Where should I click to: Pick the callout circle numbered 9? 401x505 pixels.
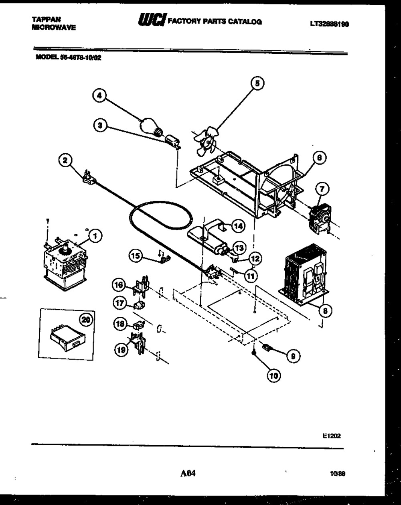pyautogui.click(x=294, y=355)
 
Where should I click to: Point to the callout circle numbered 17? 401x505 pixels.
pyautogui.click(x=119, y=303)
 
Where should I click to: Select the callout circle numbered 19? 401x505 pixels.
pyautogui.click(x=122, y=350)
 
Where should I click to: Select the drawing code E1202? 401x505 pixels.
pyautogui.click(x=333, y=435)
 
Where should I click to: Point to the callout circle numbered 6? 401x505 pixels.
pyautogui.click(x=319, y=158)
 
